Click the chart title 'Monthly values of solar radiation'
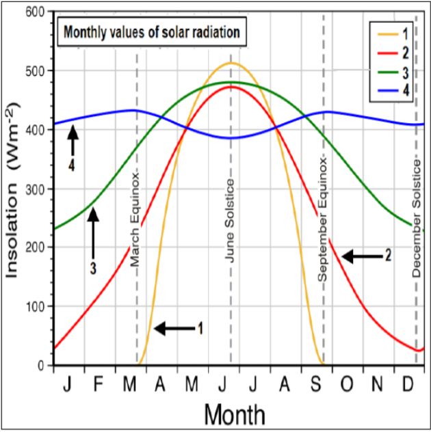151,31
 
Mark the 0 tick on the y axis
45,365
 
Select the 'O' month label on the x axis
347,385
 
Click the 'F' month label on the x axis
98,385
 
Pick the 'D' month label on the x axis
408,385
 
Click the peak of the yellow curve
231,63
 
